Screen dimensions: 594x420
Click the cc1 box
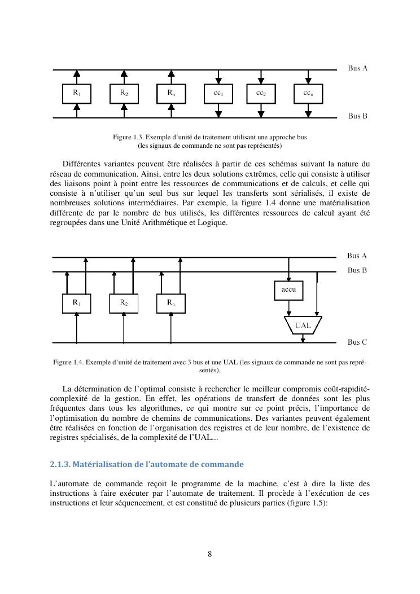pos(218,94)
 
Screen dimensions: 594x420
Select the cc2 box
pos(261,94)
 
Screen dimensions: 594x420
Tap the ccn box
pos(308,94)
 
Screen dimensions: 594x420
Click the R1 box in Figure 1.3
pos(76,94)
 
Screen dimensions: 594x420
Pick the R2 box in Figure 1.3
pos(124,94)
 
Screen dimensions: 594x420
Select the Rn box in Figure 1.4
pos(171,303)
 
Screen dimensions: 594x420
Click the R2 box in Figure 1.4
pos(124,303)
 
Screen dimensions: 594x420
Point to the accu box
pos(288,290)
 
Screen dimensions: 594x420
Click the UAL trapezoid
pos(303,325)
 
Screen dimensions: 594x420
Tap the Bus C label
pos(357,342)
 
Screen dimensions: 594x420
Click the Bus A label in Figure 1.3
pos(357,68)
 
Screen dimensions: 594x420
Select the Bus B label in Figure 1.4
pos(357,271)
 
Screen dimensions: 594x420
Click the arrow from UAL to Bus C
pos(303,338)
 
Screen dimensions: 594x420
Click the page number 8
pos(210,554)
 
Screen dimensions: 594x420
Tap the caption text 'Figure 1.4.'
pos(68,362)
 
